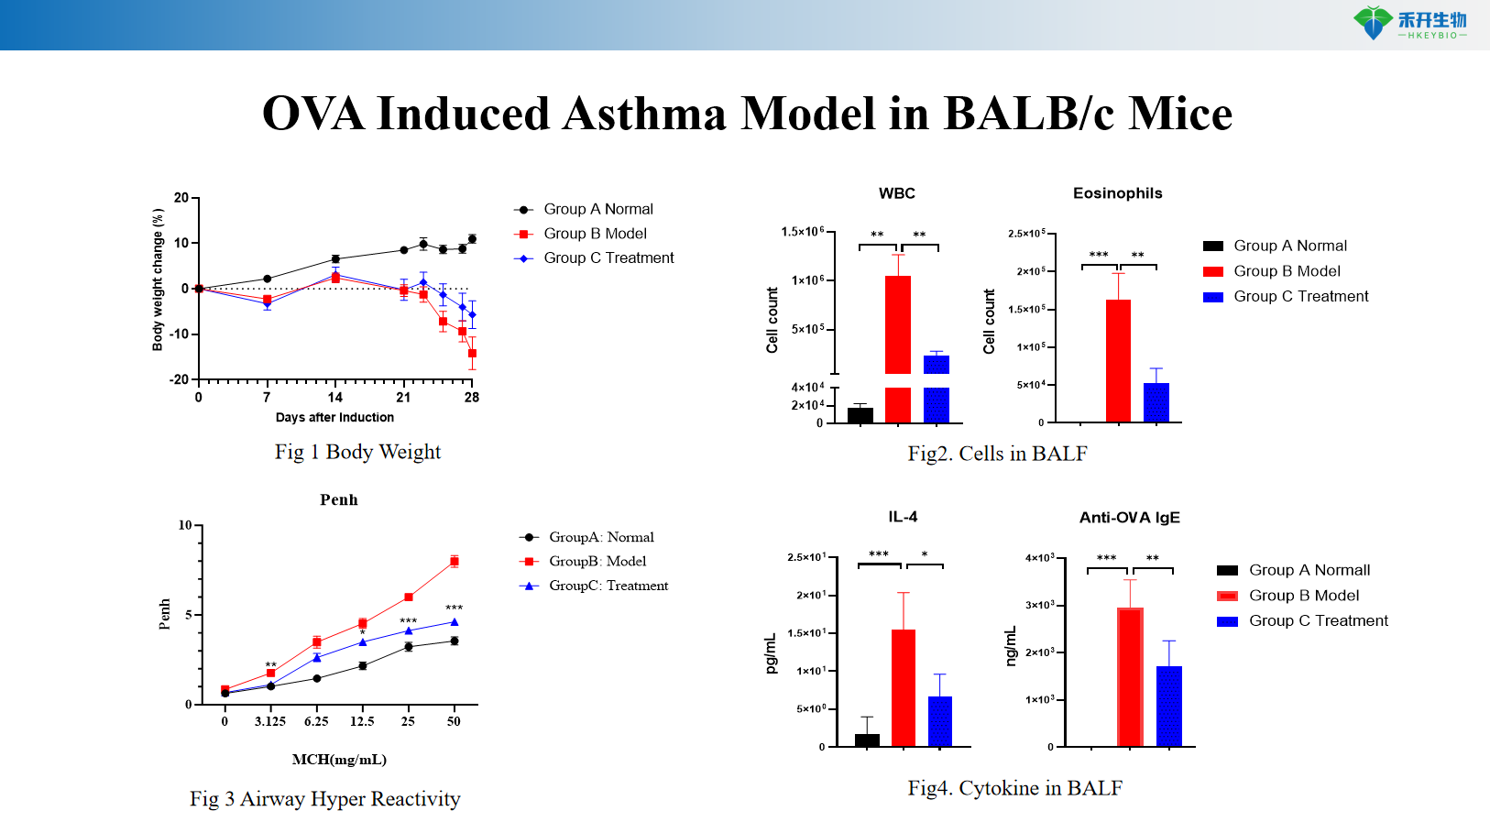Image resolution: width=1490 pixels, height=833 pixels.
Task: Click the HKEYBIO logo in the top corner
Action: (x=1409, y=23)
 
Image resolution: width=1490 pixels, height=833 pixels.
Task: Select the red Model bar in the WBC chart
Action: (x=897, y=325)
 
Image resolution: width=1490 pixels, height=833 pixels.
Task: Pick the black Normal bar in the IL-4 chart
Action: (x=867, y=740)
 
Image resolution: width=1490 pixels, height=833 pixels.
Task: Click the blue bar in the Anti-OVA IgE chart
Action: (x=1168, y=706)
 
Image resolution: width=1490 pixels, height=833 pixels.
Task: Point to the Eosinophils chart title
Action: (x=1117, y=193)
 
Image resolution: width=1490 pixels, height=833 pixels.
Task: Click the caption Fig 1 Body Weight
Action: (x=357, y=452)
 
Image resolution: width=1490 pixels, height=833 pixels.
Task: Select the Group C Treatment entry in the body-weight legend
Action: (x=608, y=258)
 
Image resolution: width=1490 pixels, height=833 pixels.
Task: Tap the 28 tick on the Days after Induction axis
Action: (x=472, y=398)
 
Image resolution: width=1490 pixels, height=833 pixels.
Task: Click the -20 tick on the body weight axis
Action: (x=180, y=379)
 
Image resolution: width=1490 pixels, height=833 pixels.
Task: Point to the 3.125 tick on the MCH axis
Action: (x=270, y=721)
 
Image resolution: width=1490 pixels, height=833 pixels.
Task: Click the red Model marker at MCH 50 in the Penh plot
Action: (x=455, y=561)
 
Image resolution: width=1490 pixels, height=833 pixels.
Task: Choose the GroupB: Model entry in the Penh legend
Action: (x=597, y=561)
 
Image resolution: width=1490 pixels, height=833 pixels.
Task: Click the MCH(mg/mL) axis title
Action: (x=339, y=760)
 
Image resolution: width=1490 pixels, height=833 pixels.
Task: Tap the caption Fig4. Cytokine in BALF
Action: (x=1014, y=788)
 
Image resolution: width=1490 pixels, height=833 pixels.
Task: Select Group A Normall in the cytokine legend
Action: (x=1309, y=570)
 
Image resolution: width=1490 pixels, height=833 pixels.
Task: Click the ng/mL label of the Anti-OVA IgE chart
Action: (x=1012, y=646)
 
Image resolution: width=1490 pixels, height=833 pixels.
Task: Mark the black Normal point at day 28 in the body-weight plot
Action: (x=472, y=239)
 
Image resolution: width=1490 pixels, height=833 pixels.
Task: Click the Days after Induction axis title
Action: (x=334, y=418)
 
